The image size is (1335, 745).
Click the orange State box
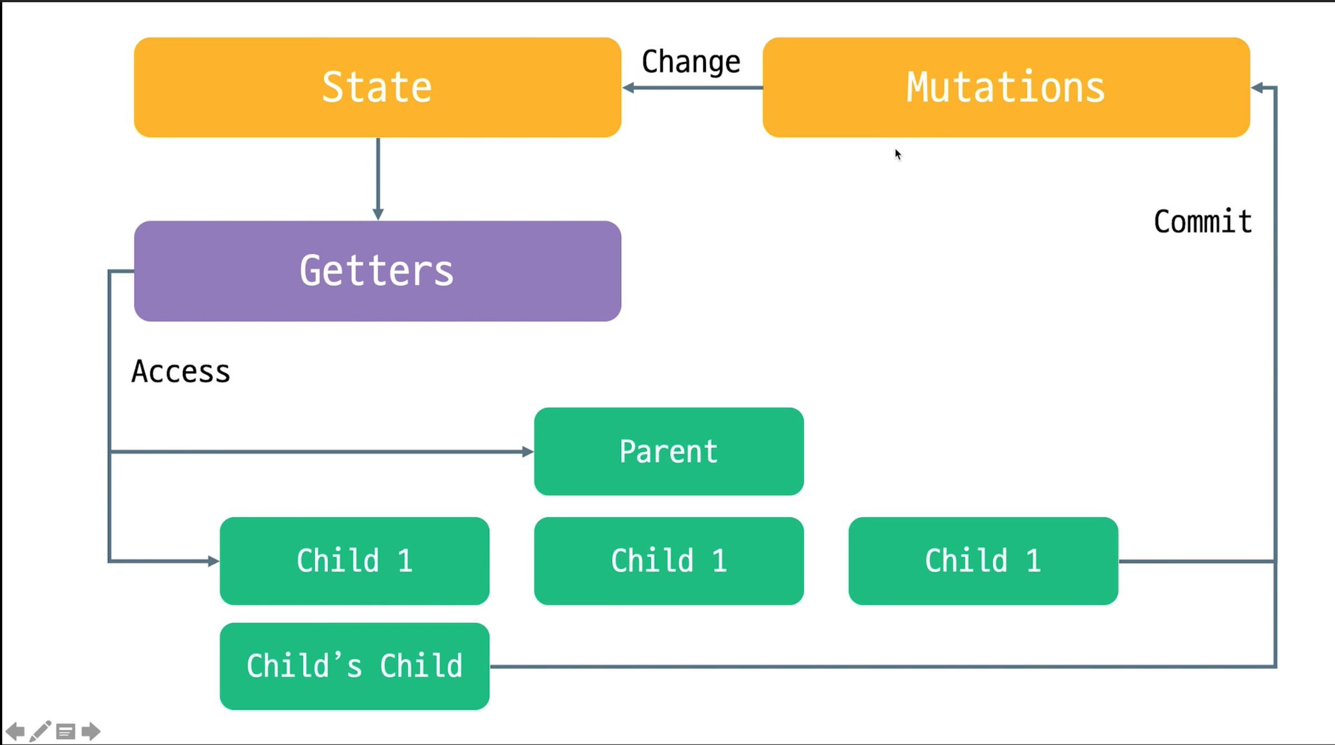(377, 87)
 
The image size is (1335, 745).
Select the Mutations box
(1006, 87)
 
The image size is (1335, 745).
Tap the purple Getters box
(377, 271)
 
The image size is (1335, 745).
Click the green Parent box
(669, 451)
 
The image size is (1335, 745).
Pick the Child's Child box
(354, 666)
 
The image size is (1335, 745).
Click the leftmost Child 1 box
(354, 560)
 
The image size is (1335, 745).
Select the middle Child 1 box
(669, 560)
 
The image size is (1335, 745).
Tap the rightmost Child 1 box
(983, 560)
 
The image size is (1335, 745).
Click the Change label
(690, 62)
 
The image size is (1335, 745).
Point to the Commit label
(1203, 221)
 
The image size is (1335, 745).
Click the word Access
(181, 371)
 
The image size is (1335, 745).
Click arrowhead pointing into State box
(628, 88)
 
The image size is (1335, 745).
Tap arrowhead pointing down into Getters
(378, 214)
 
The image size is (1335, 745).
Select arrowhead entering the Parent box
(527, 451)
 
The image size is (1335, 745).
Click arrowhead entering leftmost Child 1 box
(213, 560)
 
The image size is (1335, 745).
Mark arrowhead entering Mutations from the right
(1257, 88)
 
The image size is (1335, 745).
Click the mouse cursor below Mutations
(898, 154)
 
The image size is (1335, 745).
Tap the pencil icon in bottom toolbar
(40, 731)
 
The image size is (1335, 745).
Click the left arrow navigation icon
(15, 731)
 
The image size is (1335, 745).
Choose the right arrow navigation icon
(91, 731)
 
